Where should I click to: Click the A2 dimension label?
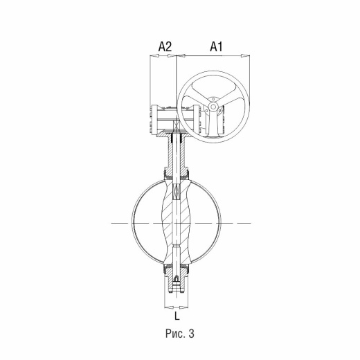[165, 46]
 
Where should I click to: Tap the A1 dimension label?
[216, 46]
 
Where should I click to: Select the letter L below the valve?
[177, 316]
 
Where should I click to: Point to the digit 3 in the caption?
[191, 334]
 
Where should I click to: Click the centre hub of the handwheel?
[213, 107]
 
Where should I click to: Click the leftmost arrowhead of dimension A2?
[154, 55]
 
